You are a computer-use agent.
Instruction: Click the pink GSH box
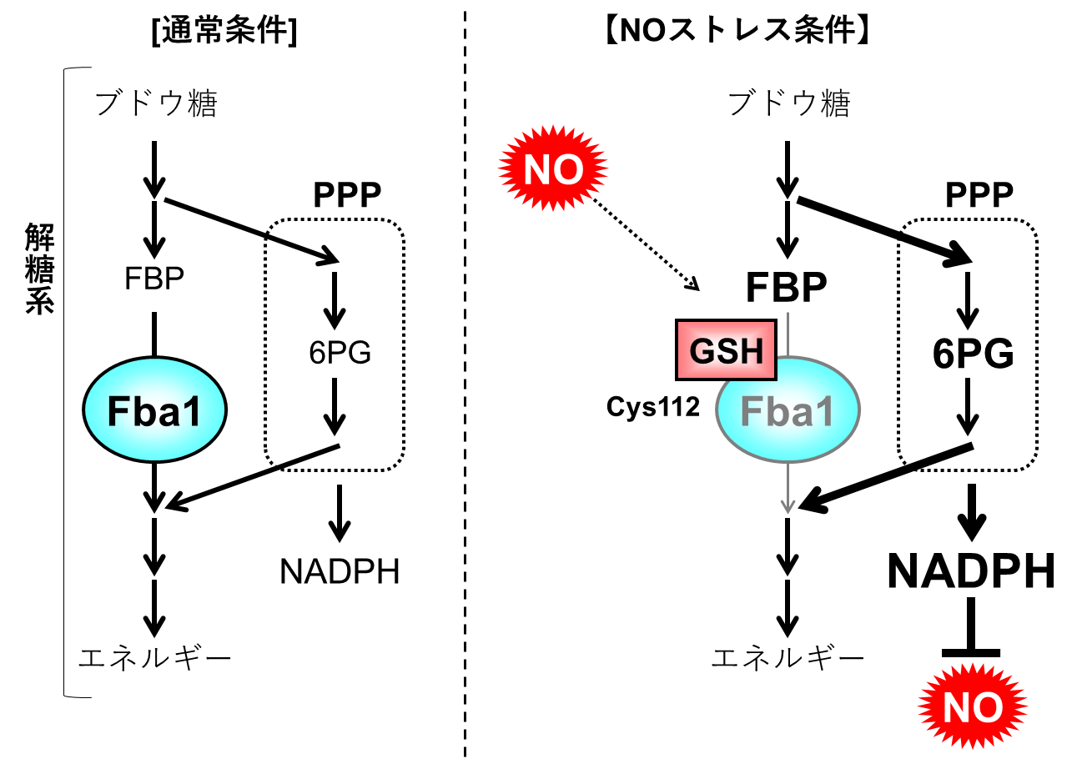tap(726, 349)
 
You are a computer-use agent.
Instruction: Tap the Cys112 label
tap(652, 406)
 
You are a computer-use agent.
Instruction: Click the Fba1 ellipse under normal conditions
tap(154, 410)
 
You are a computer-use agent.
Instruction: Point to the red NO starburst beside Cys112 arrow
tap(553, 168)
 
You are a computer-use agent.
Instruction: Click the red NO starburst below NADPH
tap(973, 706)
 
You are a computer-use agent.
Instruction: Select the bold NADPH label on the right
tap(971, 570)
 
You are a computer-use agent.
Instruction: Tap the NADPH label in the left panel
tap(340, 571)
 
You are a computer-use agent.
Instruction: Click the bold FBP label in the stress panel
tap(786, 287)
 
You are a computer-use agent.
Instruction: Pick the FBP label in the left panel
tap(154, 279)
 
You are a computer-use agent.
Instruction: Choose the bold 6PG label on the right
tap(973, 354)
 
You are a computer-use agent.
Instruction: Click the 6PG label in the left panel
tap(340, 353)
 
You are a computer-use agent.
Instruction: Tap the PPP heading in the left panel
tap(347, 195)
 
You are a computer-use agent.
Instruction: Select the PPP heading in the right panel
tap(979, 195)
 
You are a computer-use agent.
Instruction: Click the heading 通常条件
tap(224, 31)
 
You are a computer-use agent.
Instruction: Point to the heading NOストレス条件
tap(737, 30)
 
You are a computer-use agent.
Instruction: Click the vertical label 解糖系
tap(39, 269)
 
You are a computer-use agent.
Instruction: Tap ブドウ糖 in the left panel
tap(156, 103)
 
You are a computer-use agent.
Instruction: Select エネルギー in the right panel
tap(788, 657)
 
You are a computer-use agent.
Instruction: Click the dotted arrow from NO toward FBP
tap(646, 244)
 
